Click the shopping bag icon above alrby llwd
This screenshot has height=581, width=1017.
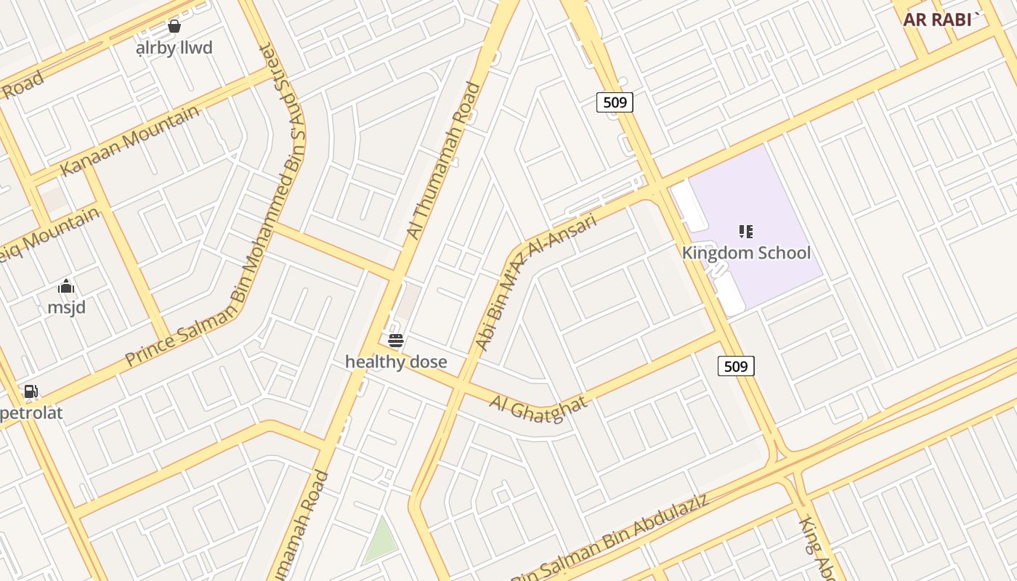[174, 27]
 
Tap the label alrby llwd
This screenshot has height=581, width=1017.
[174, 48]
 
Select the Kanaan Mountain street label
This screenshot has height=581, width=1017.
[129, 141]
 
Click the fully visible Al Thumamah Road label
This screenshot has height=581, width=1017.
[443, 161]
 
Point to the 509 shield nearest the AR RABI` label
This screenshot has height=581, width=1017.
[615, 102]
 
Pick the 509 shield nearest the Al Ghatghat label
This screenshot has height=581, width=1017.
[736, 366]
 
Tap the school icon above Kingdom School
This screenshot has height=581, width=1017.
[746, 232]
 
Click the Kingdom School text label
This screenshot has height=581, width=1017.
[746, 253]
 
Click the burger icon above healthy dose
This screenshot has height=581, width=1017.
[396, 340]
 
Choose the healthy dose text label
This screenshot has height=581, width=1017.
[396, 362]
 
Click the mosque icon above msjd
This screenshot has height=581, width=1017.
[66, 286]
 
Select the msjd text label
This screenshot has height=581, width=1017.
[66, 307]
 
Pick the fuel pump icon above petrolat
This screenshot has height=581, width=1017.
[31, 392]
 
